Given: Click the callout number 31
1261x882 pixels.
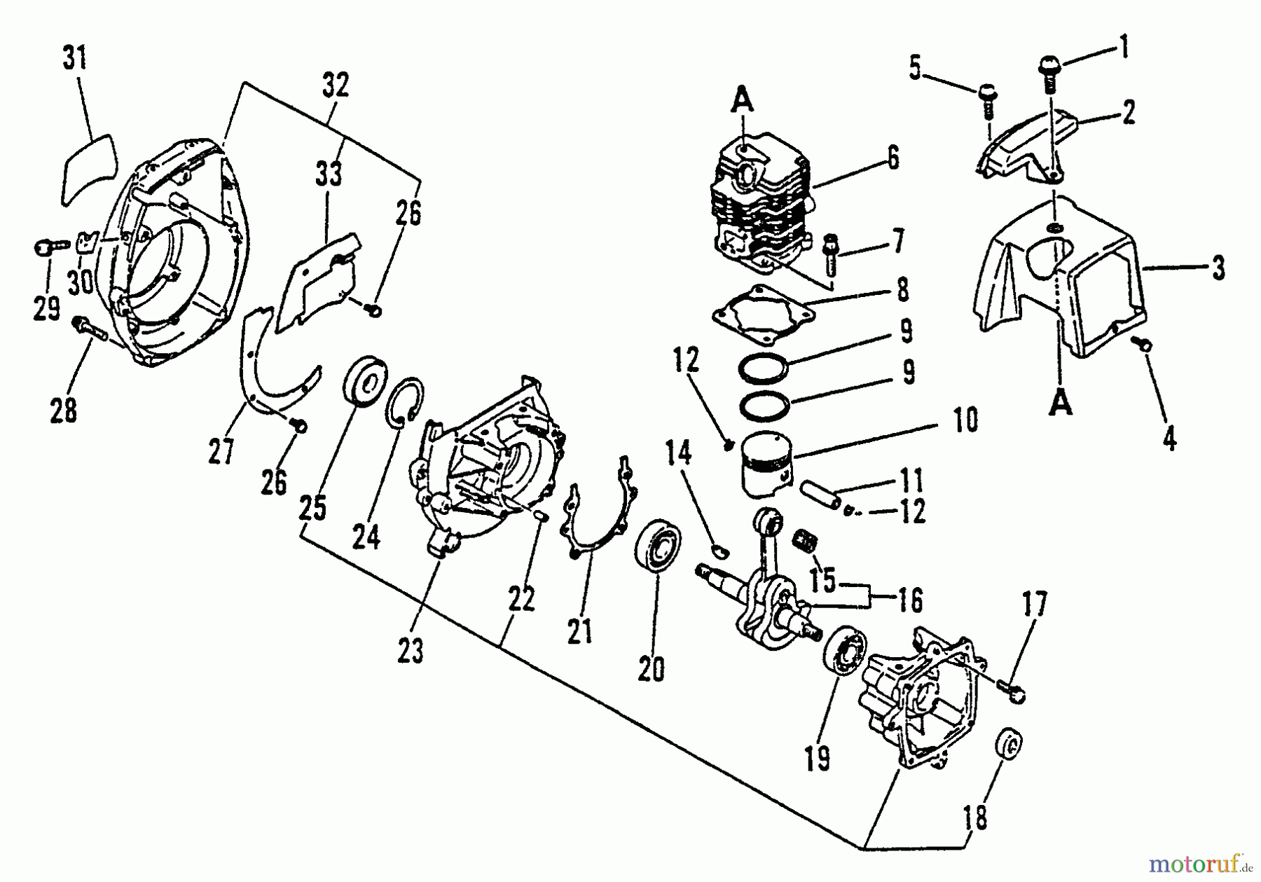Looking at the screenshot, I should pyautogui.click(x=75, y=59).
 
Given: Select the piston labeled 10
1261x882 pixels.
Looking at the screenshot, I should pyautogui.click(x=765, y=463).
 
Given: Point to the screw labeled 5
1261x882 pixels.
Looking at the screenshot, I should pyautogui.click(x=988, y=100).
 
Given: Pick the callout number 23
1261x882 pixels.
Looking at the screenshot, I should pyautogui.click(x=411, y=652).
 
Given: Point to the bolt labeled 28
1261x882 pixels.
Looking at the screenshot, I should pyautogui.click(x=88, y=329).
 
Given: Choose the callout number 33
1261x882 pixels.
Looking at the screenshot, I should pyautogui.click(x=329, y=172).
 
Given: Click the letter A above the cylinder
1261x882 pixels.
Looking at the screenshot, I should pyautogui.click(x=743, y=103).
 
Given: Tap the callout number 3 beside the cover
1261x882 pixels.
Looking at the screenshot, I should pyautogui.click(x=1218, y=268).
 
